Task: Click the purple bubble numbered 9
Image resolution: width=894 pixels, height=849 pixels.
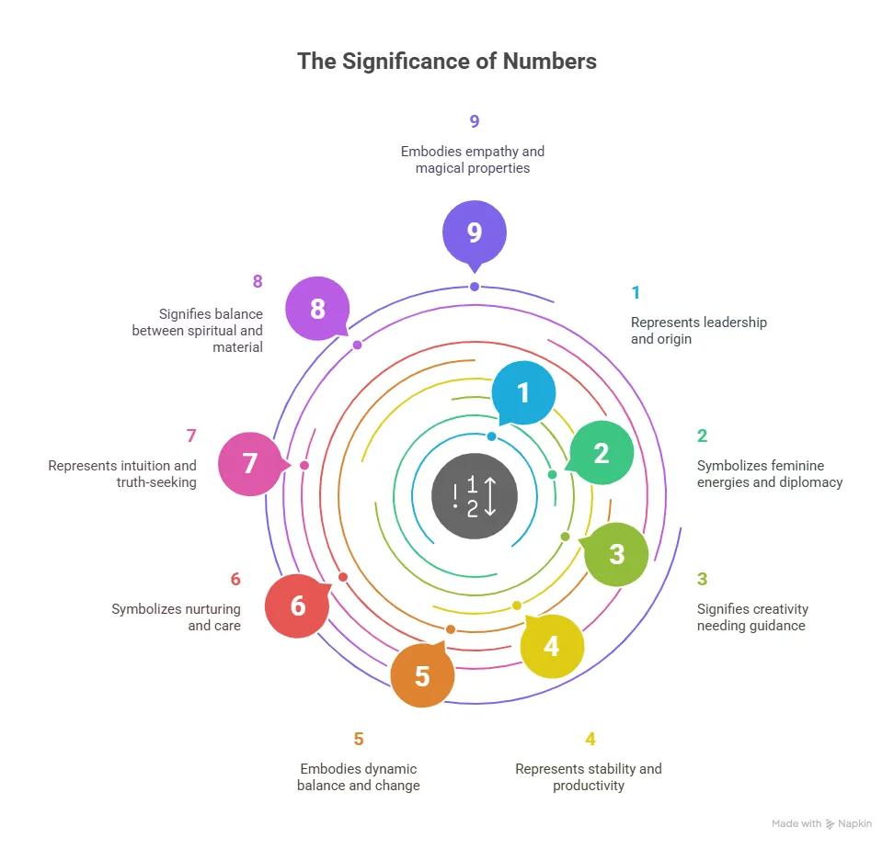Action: pyautogui.click(x=475, y=232)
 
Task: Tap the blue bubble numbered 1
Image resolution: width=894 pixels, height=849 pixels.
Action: pyautogui.click(x=522, y=393)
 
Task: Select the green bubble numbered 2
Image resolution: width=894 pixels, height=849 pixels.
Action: pyautogui.click(x=601, y=453)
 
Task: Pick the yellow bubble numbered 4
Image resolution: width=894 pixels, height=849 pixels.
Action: pyautogui.click(x=551, y=646)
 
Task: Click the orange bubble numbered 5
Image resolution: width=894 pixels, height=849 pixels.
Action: pyautogui.click(x=422, y=675)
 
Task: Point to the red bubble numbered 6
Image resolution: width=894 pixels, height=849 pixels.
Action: pyautogui.click(x=298, y=606)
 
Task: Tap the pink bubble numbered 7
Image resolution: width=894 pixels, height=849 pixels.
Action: pyautogui.click(x=251, y=463)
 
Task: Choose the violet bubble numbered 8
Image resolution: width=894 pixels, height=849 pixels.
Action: pyautogui.click(x=317, y=310)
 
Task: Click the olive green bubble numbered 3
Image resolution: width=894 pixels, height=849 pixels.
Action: pyautogui.click(x=615, y=555)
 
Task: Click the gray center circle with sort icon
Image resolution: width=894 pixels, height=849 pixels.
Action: pyautogui.click(x=475, y=496)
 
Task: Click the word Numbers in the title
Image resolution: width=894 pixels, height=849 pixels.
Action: pyautogui.click(x=550, y=62)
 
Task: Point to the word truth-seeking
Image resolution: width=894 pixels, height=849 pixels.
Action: pyautogui.click(x=156, y=482)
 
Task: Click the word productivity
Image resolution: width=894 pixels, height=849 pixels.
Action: pyautogui.click(x=589, y=786)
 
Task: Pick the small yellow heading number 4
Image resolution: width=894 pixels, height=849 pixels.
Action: pyautogui.click(x=590, y=739)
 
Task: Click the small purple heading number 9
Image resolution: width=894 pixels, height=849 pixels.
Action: pyautogui.click(x=475, y=121)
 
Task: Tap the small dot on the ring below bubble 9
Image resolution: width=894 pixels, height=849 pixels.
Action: pyautogui.click(x=475, y=287)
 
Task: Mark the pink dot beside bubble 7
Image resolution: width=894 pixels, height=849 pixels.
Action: pyautogui.click(x=304, y=465)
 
